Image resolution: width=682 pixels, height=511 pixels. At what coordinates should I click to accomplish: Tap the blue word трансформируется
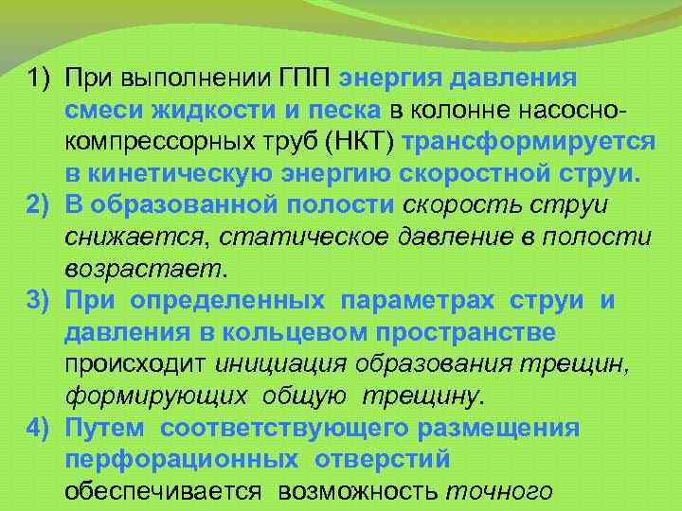point(529,142)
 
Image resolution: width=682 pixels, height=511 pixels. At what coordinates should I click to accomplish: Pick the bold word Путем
point(105,429)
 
